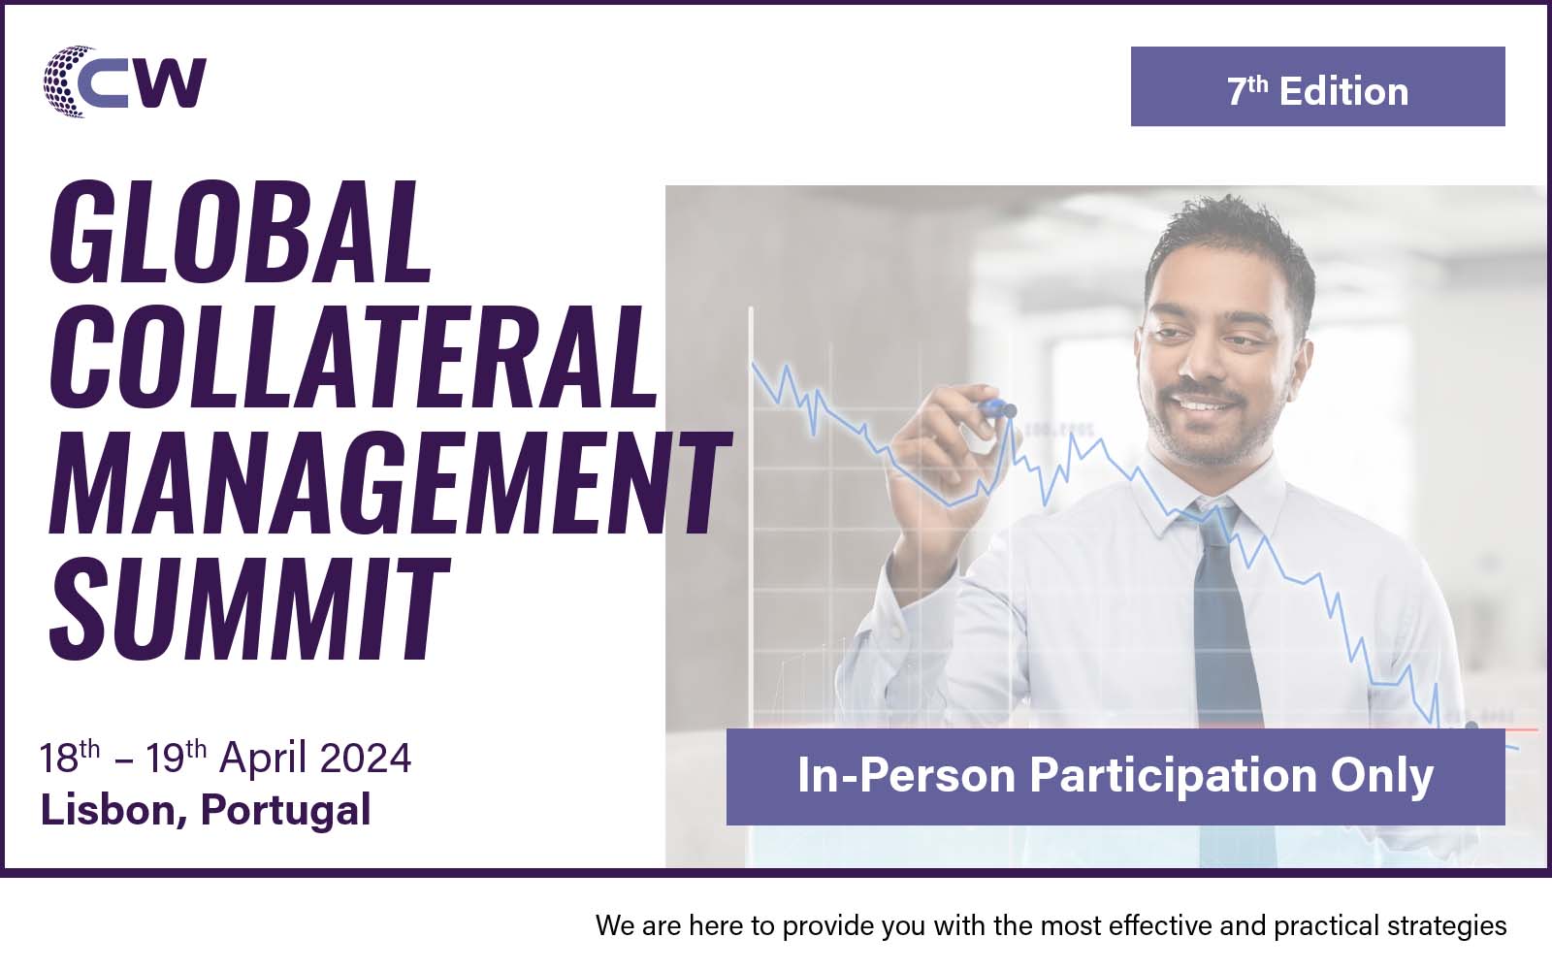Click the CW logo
point(125,81)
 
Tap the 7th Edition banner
point(1318,86)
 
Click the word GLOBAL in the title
point(242,232)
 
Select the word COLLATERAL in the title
point(353,357)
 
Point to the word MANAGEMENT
point(390,483)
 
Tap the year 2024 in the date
point(366,758)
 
